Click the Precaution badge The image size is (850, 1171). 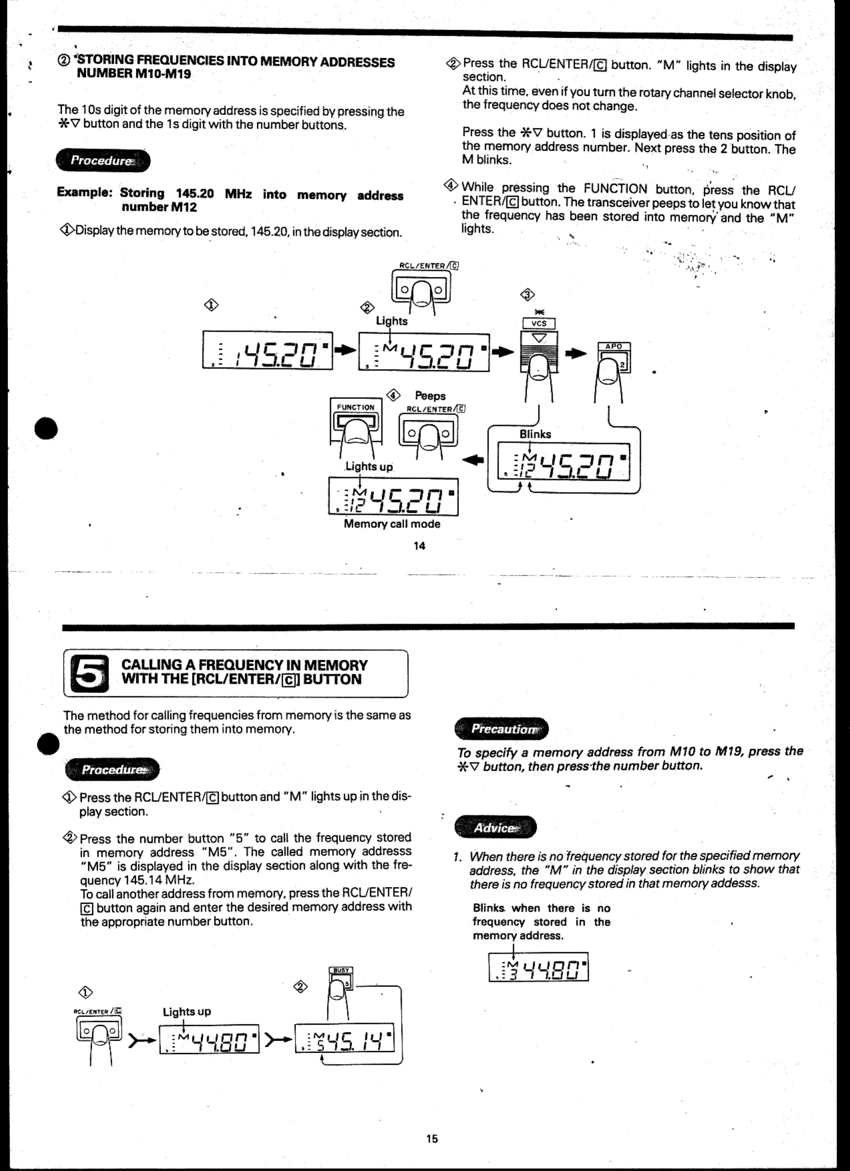[x=501, y=728]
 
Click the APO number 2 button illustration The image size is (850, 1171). [x=614, y=360]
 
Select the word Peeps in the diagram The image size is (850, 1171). [x=430, y=396]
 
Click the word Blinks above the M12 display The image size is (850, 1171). [x=535, y=434]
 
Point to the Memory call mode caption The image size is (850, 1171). [x=392, y=524]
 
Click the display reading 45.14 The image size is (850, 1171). [x=344, y=1037]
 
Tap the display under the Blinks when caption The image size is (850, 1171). [x=538, y=967]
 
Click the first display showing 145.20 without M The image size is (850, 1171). [x=267, y=350]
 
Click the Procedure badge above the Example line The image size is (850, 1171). [x=103, y=161]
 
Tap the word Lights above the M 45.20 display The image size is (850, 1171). [x=391, y=321]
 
